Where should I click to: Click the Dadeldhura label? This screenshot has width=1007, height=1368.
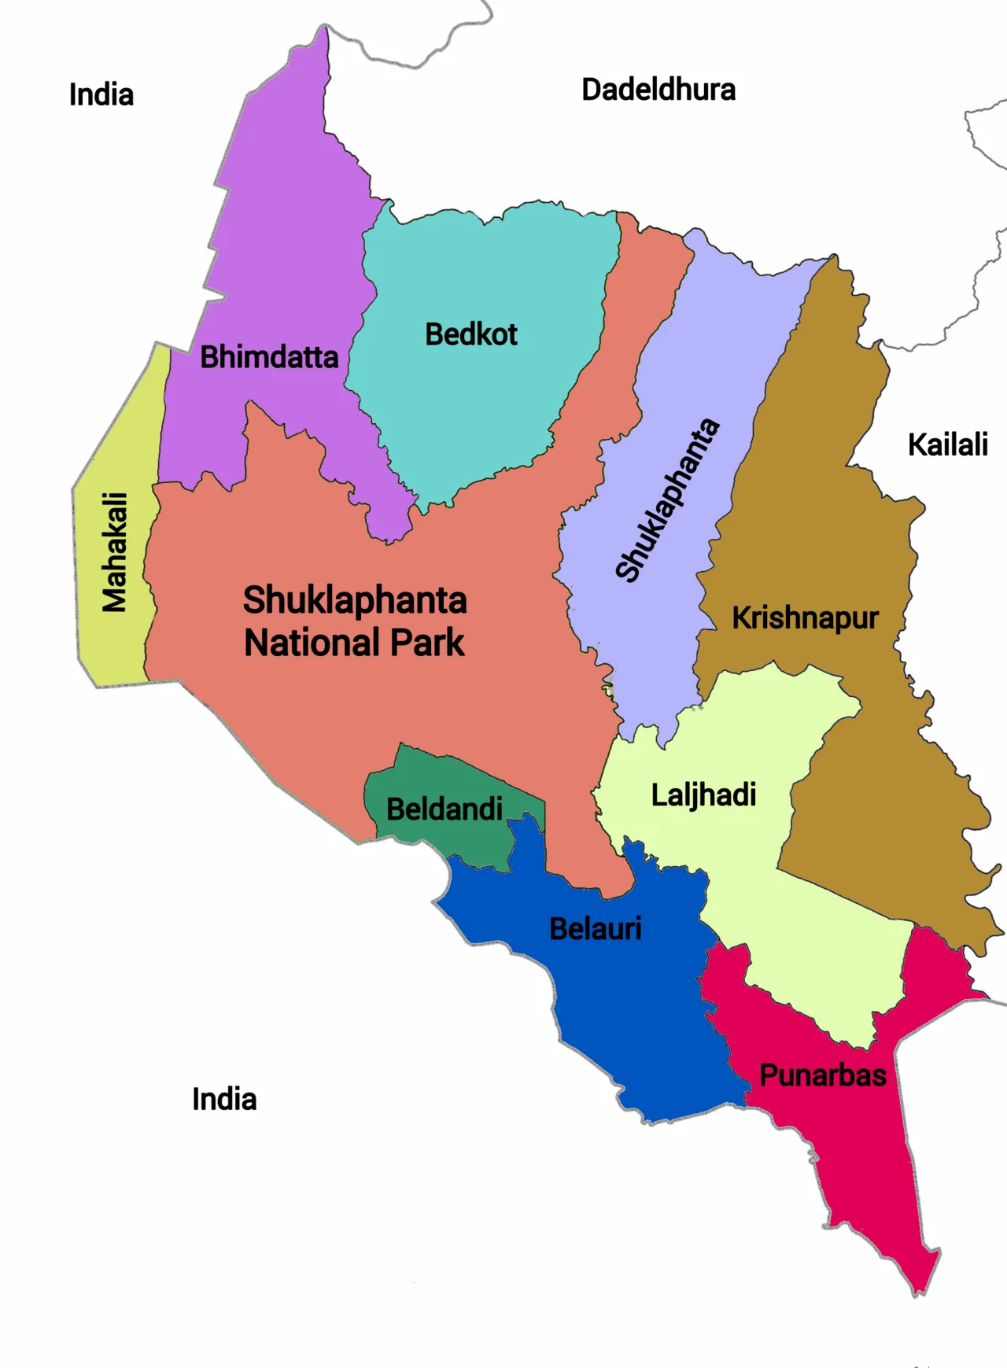coord(658,90)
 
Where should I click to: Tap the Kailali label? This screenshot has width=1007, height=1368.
coord(947,444)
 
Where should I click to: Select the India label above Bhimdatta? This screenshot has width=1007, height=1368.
coord(101,95)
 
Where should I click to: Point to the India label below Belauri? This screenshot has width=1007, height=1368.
coord(224,1099)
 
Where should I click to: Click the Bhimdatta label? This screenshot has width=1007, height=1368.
coord(269,357)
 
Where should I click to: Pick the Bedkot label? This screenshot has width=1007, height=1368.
coord(471,334)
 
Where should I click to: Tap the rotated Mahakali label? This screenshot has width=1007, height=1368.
coord(115,552)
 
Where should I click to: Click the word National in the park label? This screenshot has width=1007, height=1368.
coord(313,643)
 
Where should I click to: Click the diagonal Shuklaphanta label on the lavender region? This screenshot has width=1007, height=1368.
coord(667,500)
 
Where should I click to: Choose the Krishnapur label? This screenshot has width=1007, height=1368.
coord(805,618)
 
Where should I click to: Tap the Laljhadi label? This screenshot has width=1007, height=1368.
coord(703,795)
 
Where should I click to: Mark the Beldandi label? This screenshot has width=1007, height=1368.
coord(444,809)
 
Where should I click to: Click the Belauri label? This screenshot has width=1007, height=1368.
coord(596,929)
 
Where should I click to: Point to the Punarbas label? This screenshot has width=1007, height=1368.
coord(823,1075)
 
